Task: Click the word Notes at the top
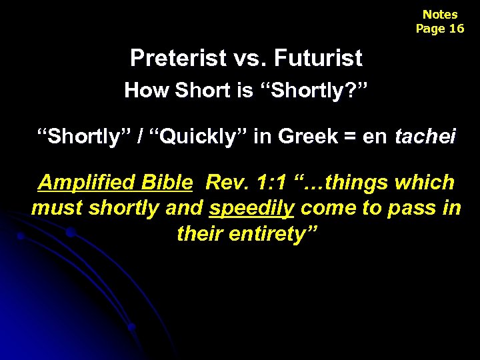440,14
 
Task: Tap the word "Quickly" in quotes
200,137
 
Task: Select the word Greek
309,137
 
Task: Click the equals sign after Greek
351,137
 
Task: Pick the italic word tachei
425,137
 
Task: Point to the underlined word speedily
251,208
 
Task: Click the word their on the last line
199,234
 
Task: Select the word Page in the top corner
430,28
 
